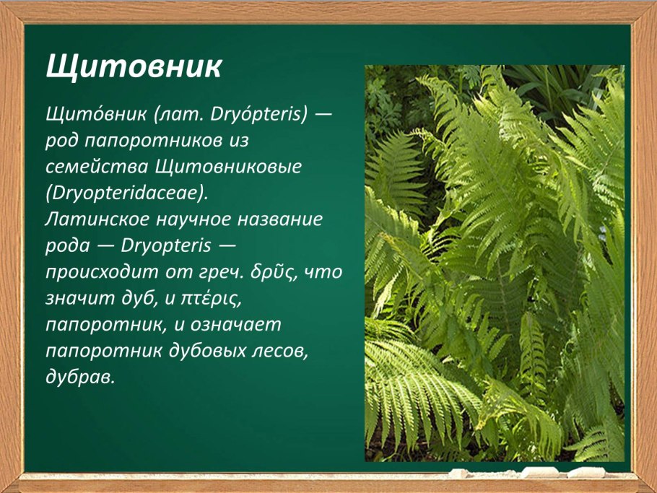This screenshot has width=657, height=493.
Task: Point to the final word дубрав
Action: click(79, 378)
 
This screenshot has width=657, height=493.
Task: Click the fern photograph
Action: click(494, 263)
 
